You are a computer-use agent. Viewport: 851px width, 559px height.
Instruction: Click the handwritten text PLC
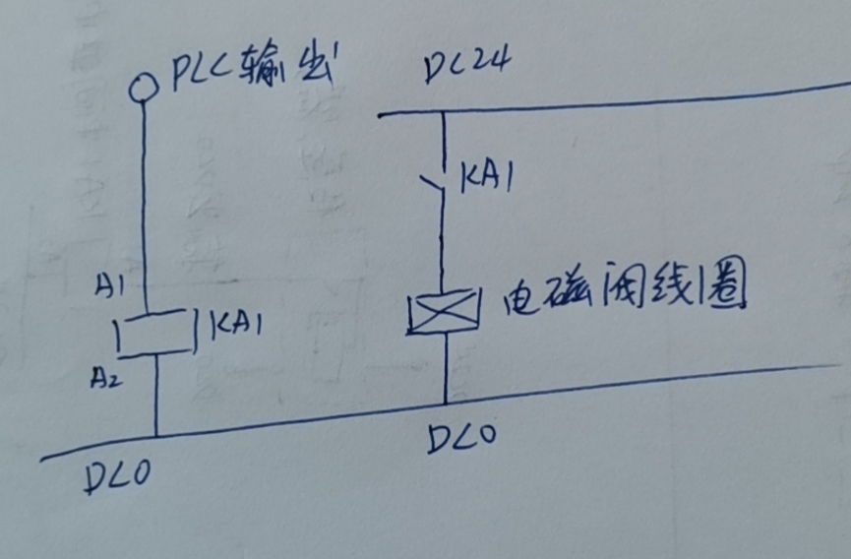[x=203, y=74]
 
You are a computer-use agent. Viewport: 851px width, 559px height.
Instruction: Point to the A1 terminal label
[x=110, y=287]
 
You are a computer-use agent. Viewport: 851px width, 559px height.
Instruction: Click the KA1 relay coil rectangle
[x=152, y=334]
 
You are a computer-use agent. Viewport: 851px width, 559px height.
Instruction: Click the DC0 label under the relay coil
[x=115, y=479]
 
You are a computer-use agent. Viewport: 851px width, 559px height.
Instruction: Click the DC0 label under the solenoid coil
[x=461, y=439]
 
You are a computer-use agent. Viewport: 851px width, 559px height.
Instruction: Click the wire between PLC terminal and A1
[x=144, y=197]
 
